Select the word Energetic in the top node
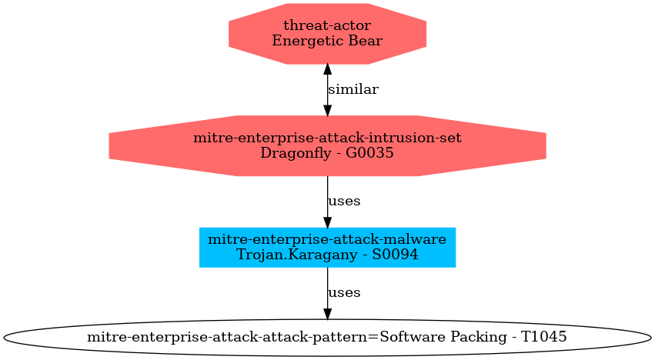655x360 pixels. (x=309, y=42)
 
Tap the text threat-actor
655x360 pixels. (x=327, y=25)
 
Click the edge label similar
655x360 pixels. (x=353, y=89)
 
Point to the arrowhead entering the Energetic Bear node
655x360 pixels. (x=328, y=69)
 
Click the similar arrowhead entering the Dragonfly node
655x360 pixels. (x=328, y=110)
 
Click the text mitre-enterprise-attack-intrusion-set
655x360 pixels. (x=327, y=138)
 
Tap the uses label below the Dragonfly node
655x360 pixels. (x=344, y=202)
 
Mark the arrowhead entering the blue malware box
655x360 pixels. (x=328, y=222)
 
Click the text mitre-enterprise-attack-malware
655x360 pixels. (x=327, y=239)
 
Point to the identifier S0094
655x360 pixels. (x=395, y=255)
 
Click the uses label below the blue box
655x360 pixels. (x=344, y=293)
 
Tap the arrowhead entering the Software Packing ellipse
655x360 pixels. (x=328, y=315)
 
